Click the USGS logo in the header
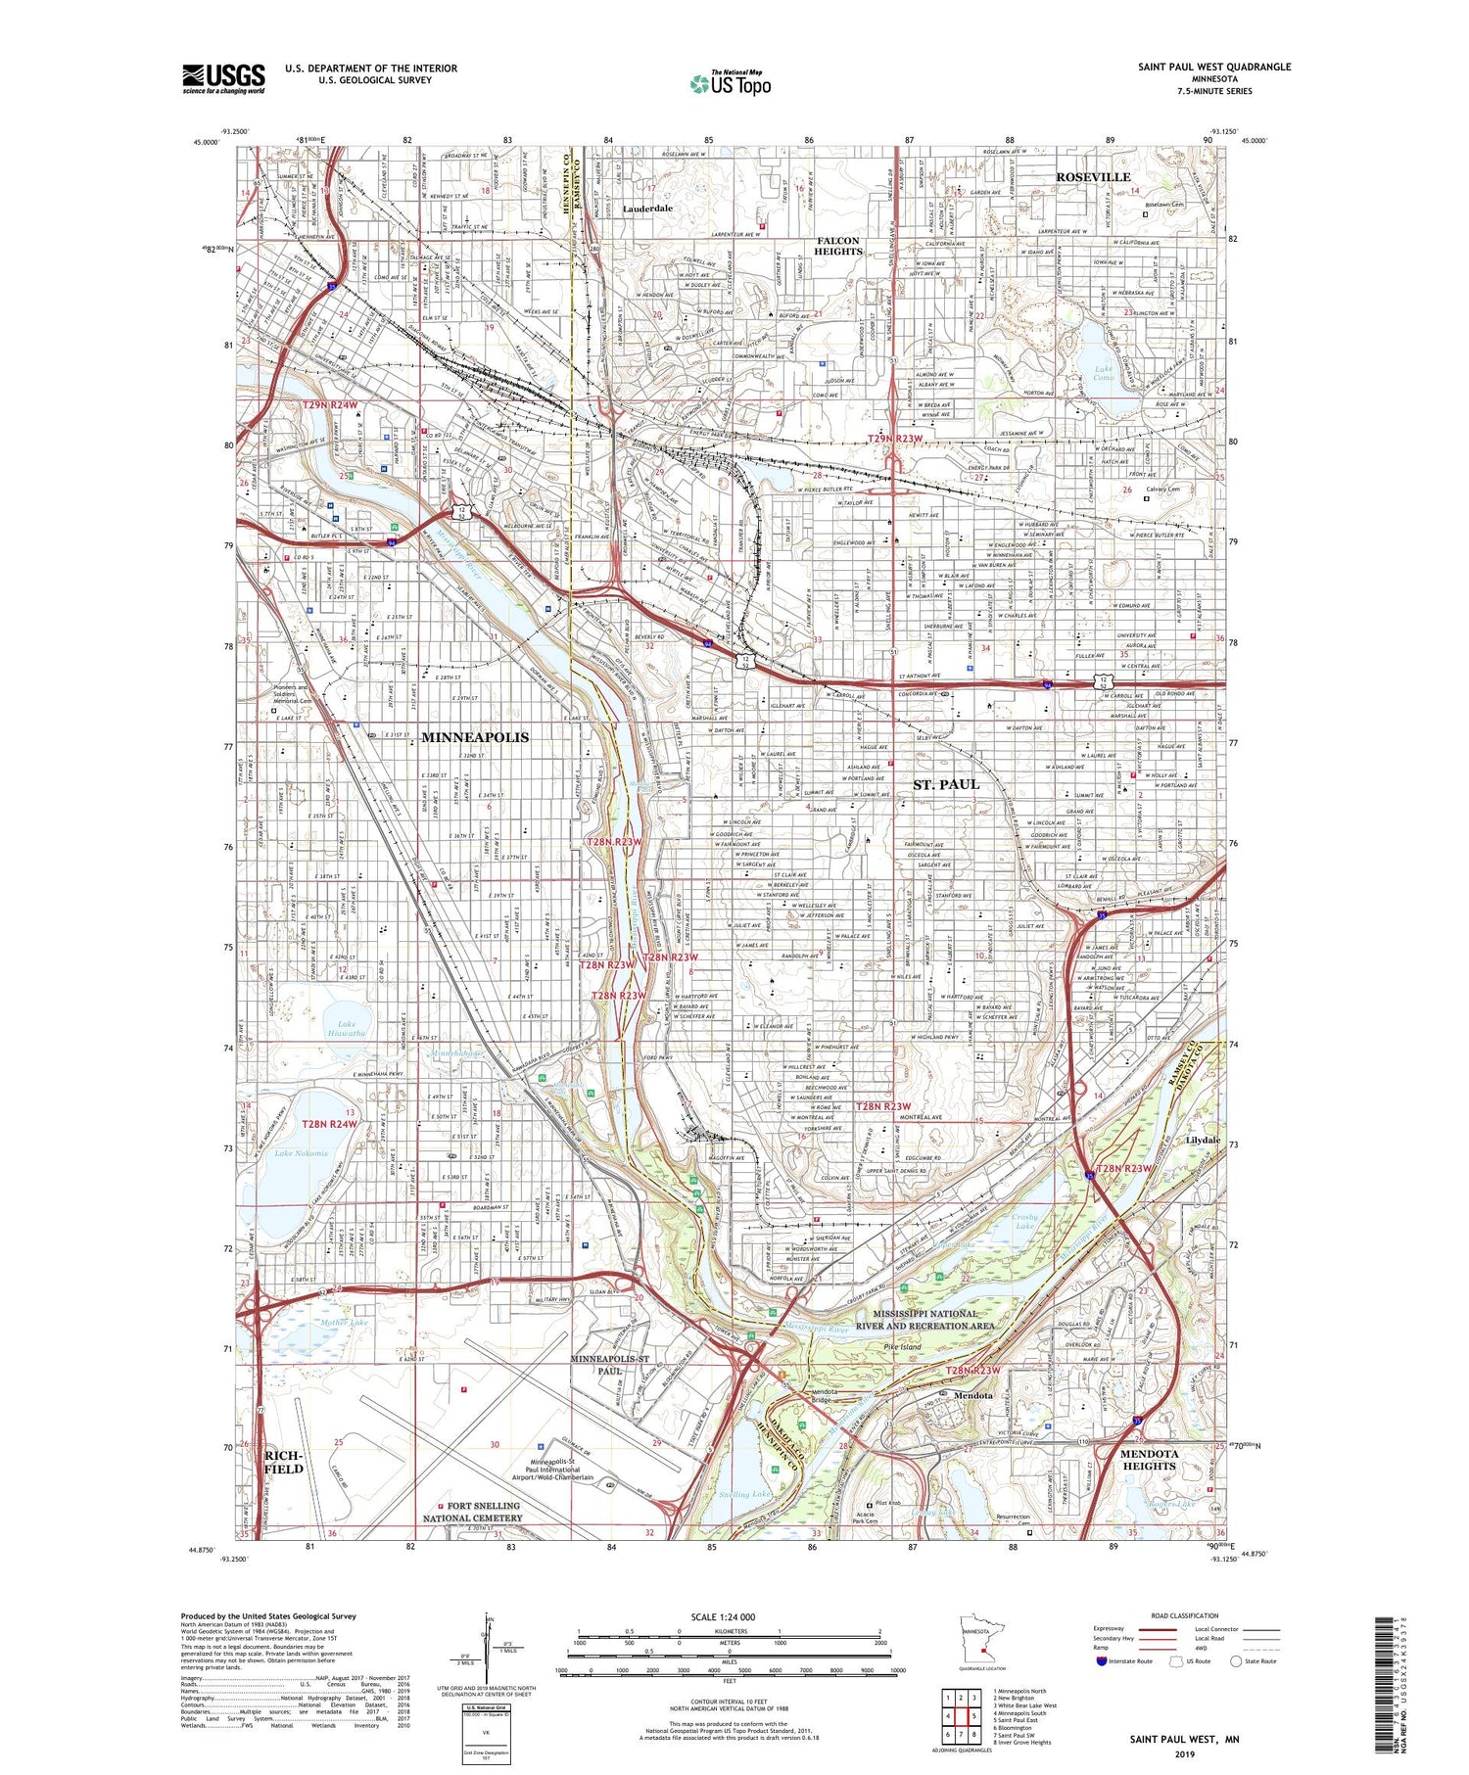(223, 78)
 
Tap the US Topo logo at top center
(730, 83)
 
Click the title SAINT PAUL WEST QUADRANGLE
(1213, 68)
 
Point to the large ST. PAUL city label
(946, 784)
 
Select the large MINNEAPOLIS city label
(475, 737)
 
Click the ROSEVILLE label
(1092, 177)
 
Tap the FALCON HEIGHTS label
(838, 246)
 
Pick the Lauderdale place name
(647, 209)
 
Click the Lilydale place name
(1203, 1141)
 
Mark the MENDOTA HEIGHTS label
(1149, 1460)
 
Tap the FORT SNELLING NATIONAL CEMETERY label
(485, 1512)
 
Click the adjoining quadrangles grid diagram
(961, 1715)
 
